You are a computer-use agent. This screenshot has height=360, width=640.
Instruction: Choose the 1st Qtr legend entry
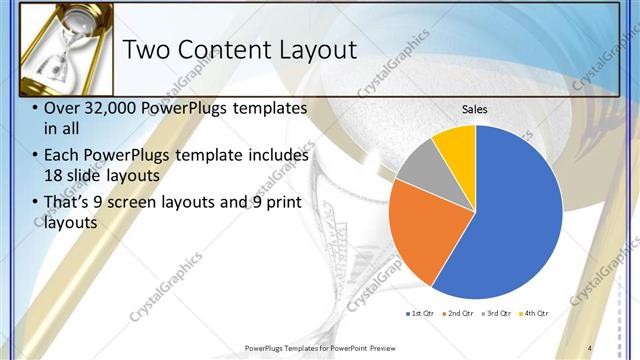coord(419,314)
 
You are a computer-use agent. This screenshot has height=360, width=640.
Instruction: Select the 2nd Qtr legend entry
coord(459,314)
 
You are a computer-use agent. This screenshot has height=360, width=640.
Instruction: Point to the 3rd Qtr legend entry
coord(497,314)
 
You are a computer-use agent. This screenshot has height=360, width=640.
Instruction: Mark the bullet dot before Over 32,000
coord(36,108)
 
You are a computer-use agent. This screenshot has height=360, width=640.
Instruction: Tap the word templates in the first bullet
coord(263,108)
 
